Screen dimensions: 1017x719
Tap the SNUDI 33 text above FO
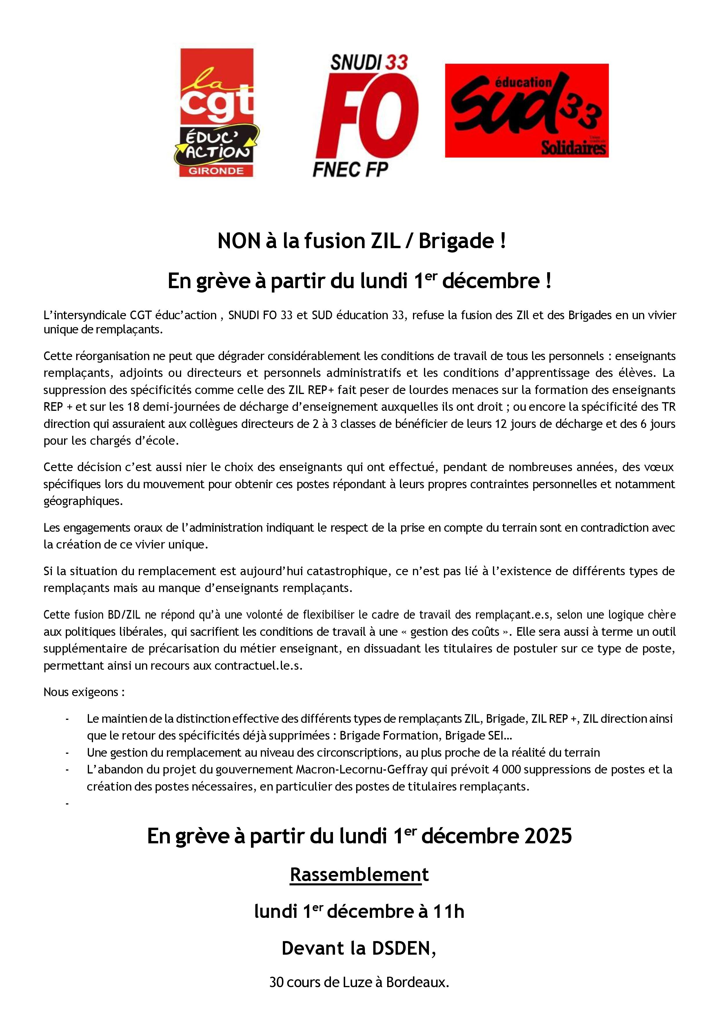click(369, 62)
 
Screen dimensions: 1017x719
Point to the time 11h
click(448, 911)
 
